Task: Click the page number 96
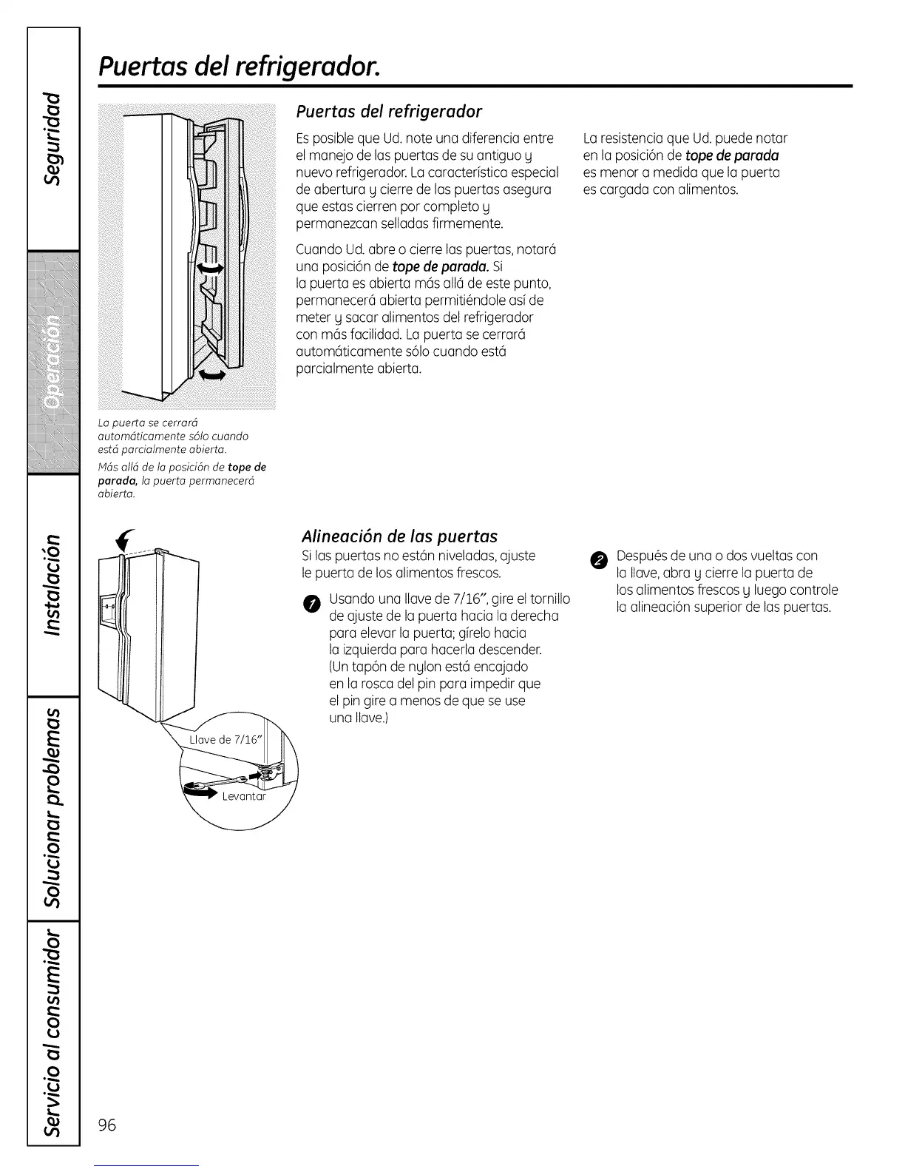click(x=107, y=1125)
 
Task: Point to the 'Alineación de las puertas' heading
click(x=399, y=536)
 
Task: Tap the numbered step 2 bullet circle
click(x=600, y=559)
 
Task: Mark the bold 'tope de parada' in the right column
click(x=732, y=155)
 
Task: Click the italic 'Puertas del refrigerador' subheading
click(x=389, y=112)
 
